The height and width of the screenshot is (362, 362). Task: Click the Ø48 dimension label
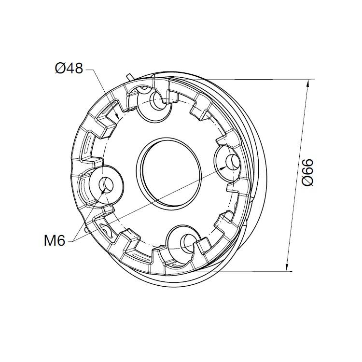point(69,69)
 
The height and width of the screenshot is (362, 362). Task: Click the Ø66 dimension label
point(308,172)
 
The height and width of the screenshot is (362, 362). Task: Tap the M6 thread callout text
point(55,241)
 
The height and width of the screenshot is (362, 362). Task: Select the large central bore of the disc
point(169,174)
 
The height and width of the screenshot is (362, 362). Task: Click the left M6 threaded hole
point(106,185)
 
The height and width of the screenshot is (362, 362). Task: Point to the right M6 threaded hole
point(232,162)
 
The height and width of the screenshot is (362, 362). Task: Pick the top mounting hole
point(158,100)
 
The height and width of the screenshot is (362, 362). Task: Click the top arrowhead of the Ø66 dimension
point(308,83)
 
